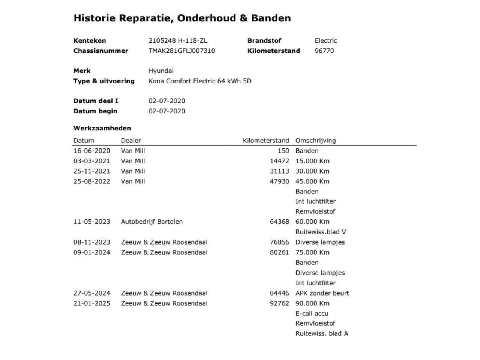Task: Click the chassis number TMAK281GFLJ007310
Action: tap(181, 51)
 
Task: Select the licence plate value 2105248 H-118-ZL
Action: tap(178, 41)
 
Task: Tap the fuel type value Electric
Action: tap(325, 41)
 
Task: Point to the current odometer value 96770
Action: tap(324, 51)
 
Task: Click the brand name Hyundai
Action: tap(161, 71)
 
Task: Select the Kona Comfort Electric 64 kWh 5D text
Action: tap(200, 81)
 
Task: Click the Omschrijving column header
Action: tap(315, 141)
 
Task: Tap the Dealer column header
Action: tap(130, 141)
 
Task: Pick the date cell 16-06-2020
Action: tap(92, 151)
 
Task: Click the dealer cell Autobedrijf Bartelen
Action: tap(151, 222)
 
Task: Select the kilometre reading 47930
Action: tap(279, 181)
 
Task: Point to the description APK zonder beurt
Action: tap(322, 293)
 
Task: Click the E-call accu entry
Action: tap(312, 313)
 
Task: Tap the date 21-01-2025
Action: tap(92, 303)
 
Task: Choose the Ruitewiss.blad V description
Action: tap(321, 232)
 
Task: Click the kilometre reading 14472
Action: tap(279, 161)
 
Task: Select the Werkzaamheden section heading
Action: tap(102, 128)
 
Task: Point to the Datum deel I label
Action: tap(96, 101)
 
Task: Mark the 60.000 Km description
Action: tap(312, 222)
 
